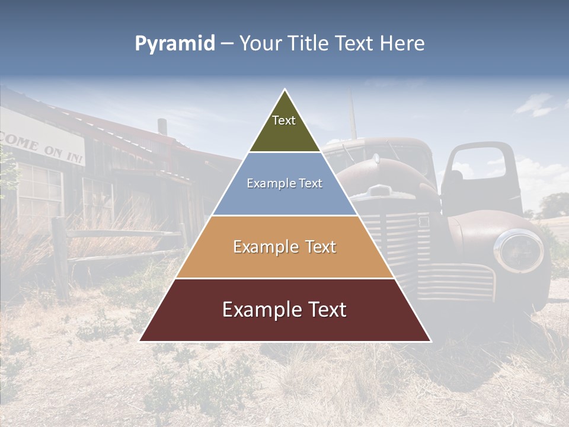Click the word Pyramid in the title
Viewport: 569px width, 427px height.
click(x=174, y=44)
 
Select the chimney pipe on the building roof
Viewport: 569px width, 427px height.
click(x=162, y=126)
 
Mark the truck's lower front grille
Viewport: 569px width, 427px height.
click(x=462, y=282)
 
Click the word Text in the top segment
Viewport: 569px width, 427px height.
click(x=283, y=121)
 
